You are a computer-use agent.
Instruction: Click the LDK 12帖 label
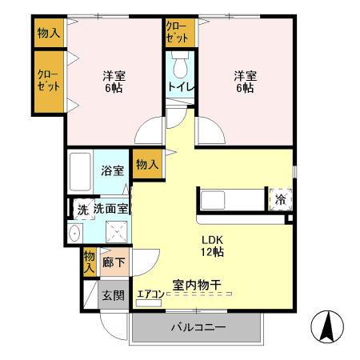tap(211, 246)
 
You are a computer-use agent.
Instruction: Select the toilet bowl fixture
tap(178, 63)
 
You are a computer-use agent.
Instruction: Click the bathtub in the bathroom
tap(81, 170)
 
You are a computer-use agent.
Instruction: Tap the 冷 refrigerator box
tap(280, 199)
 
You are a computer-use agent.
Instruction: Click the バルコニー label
tap(197, 328)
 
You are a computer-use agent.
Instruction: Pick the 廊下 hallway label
tap(113, 262)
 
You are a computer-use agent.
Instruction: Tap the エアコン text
tap(150, 294)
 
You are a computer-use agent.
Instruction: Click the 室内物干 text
tap(197, 284)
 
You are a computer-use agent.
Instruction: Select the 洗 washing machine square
tap(81, 210)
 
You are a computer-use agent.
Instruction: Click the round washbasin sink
tap(74, 233)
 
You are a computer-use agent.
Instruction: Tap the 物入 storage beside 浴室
tap(145, 166)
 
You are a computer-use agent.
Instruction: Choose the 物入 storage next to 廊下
tap(88, 262)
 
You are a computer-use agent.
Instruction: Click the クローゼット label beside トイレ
tap(177, 32)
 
